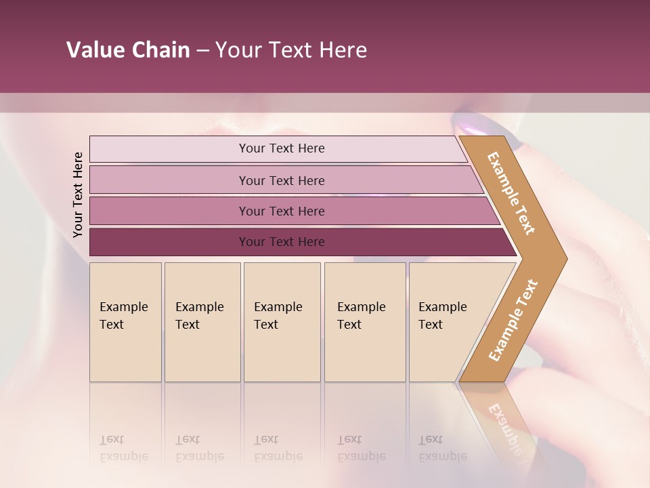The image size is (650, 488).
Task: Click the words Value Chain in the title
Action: (x=128, y=50)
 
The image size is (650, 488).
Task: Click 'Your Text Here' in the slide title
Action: (x=291, y=50)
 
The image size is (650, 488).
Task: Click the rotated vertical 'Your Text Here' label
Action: (x=78, y=195)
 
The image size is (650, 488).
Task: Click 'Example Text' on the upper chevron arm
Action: (x=511, y=194)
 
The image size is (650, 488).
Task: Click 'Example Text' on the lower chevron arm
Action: (x=513, y=320)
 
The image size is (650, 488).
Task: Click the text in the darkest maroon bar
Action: (x=282, y=242)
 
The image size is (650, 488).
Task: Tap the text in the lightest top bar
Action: (x=282, y=148)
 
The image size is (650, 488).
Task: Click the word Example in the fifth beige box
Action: (x=442, y=307)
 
